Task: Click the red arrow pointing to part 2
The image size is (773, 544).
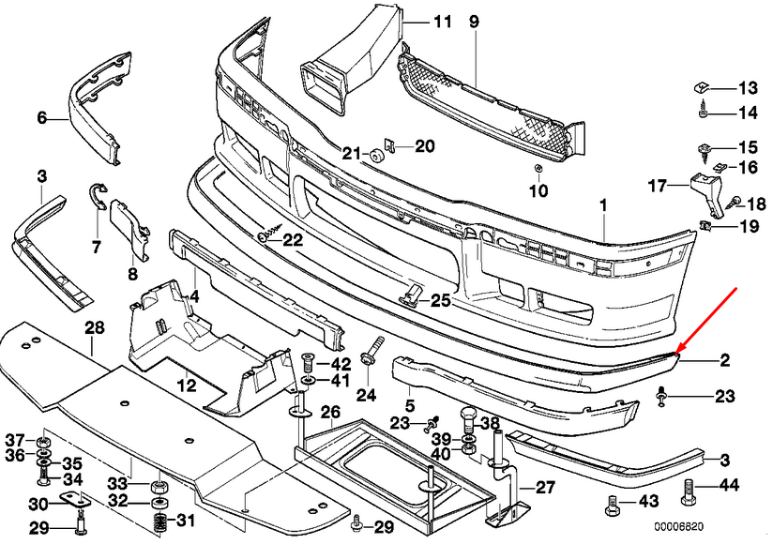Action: (710, 322)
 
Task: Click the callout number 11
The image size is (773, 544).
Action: (442, 21)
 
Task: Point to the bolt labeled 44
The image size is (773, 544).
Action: (688, 489)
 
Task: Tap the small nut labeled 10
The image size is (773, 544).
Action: (538, 169)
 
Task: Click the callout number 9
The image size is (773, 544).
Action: (474, 21)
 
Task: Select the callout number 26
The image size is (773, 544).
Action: (329, 412)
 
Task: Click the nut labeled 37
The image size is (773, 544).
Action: (43, 441)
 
